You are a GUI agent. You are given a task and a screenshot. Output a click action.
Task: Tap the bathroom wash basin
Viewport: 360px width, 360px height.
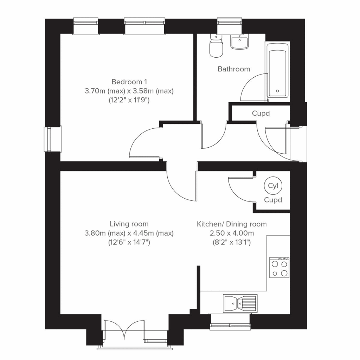click(x=239, y=41)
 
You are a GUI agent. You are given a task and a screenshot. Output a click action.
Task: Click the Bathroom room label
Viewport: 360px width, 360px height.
click(x=234, y=69)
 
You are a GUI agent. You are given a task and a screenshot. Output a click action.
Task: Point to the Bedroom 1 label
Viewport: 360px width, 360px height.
click(x=129, y=82)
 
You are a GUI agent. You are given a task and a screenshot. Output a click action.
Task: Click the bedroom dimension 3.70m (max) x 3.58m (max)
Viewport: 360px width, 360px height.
click(x=129, y=91)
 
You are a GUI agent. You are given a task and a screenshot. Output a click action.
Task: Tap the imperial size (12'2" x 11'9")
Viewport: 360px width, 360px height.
click(x=129, y=100)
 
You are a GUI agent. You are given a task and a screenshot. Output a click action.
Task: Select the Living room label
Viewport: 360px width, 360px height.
click(x=129, y=224)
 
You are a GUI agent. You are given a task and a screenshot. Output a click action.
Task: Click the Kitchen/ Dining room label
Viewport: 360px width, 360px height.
click(x=232, y=224)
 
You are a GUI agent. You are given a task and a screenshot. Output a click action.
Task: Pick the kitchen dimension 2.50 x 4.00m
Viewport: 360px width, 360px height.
click(x=232, y=233)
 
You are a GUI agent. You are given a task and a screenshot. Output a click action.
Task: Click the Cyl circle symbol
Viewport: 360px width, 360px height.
click(x=273, y=186)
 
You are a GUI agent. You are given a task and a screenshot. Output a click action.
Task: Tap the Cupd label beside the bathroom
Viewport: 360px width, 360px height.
click(x=261, y=114)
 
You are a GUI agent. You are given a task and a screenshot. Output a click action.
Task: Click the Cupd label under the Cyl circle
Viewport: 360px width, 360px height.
click(x=273, y=200)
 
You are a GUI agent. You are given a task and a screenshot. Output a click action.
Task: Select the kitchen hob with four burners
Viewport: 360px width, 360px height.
click(x=279, y=268)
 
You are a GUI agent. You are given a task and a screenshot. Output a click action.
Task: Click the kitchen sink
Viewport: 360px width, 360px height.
click(x=240, y=303)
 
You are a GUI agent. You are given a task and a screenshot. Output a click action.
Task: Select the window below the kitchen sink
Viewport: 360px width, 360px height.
click(x=230, y=322)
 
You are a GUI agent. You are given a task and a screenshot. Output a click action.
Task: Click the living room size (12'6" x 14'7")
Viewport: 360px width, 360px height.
click(x=129, y=243)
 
